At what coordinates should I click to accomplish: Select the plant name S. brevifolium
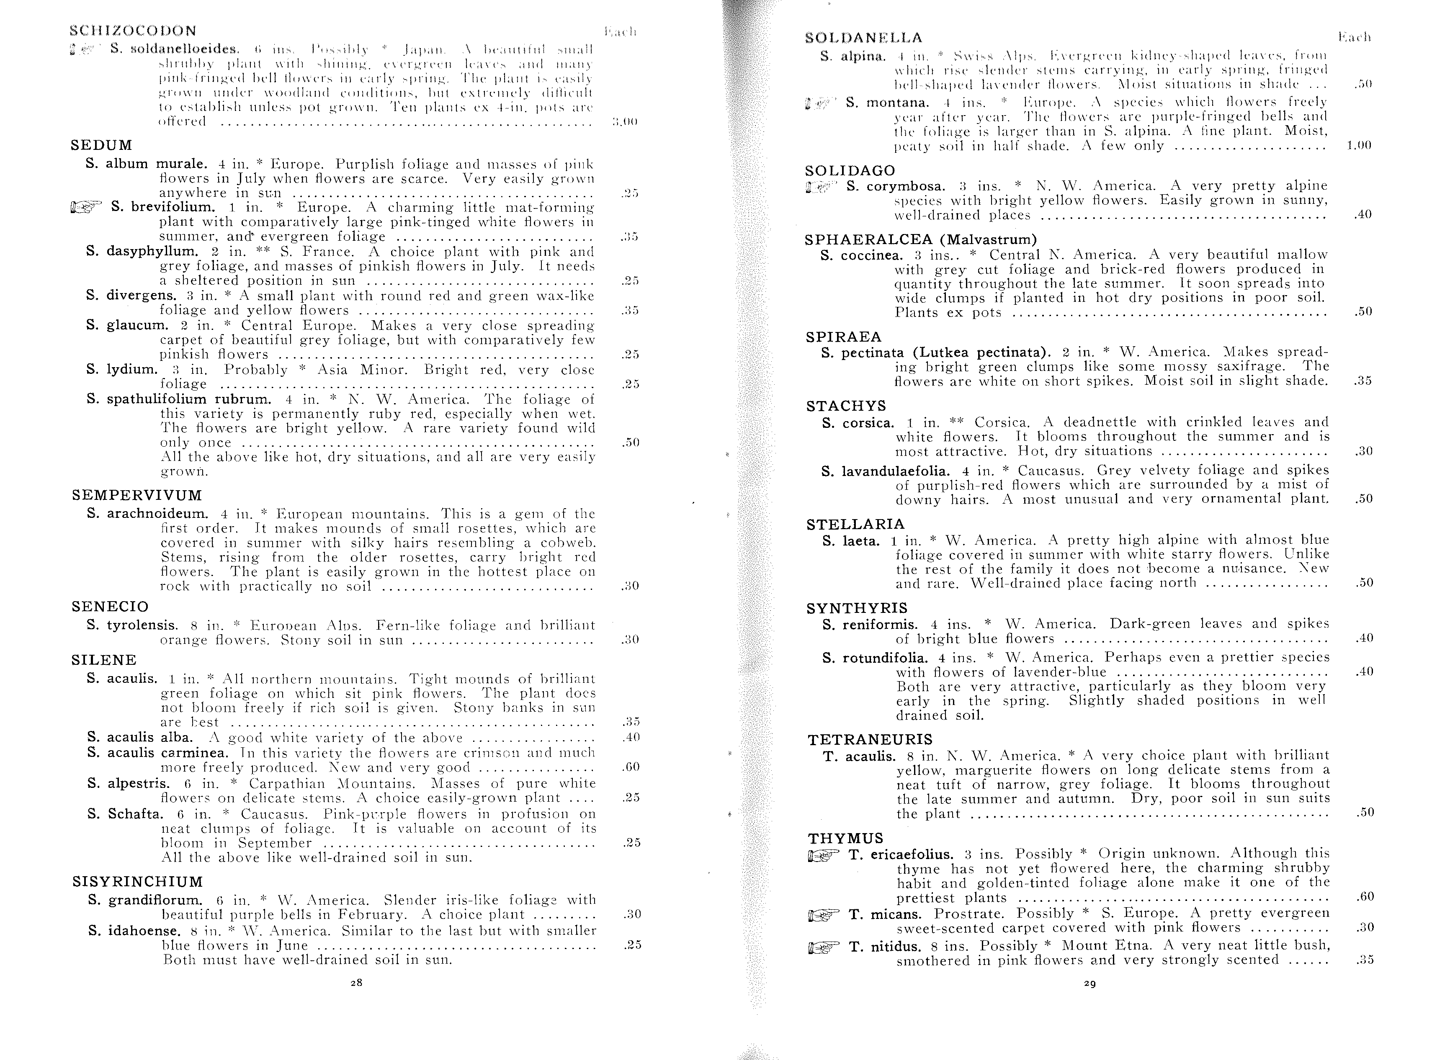coord(163,207)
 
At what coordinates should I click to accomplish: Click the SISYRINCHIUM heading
coord(137,882)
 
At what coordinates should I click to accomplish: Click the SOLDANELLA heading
coord(863,38)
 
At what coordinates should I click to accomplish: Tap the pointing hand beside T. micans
coord(824,914)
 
